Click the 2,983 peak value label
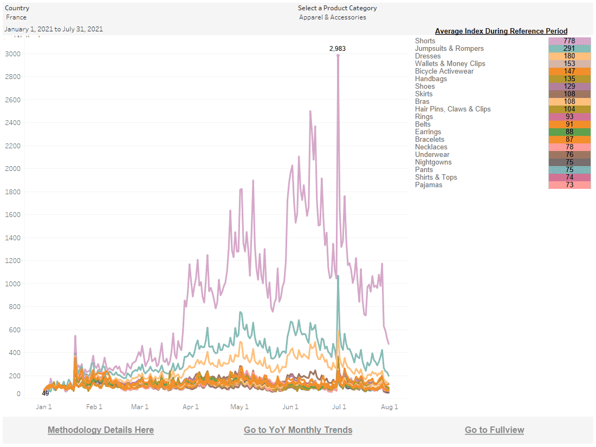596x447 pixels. click(337, 49)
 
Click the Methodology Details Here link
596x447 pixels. click(101, 430)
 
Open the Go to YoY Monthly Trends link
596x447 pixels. click(298, 430)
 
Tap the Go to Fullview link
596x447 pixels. click(494, 430)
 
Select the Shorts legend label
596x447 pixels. click(425, 41)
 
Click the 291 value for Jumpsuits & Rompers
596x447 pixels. click(569, 49)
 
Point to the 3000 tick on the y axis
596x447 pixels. click(13, 54)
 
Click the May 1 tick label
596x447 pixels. click(239, 407)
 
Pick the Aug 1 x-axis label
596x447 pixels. click(390, 407)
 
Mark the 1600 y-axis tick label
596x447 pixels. click(13, 215)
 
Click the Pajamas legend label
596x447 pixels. click(429, 185)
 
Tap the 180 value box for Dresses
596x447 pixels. click(569, 56)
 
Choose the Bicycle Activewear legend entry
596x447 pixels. click(444, 71)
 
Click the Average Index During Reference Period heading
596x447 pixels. click(501, 31)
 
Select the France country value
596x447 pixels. click(16, 17)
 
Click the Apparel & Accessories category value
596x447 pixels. click(333, 17)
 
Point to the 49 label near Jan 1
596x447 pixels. click(46, 393)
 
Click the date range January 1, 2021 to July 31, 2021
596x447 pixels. click(54, 29)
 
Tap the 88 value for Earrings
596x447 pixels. click(569, 132)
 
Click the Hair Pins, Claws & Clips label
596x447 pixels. click(453, 109)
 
